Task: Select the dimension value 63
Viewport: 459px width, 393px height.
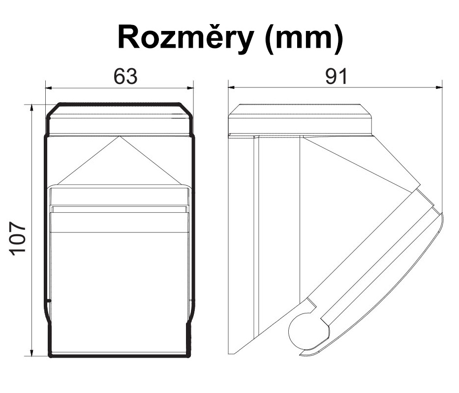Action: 125,76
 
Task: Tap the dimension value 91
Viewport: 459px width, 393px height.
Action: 336,76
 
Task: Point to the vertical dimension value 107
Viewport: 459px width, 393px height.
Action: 18,239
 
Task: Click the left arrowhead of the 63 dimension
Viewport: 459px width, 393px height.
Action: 49,87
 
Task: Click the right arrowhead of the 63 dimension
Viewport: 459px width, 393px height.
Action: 190,87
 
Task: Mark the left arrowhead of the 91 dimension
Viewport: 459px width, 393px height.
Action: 232,87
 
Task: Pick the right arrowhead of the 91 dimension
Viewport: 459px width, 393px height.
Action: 439,87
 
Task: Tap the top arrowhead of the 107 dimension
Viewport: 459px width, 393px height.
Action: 32,108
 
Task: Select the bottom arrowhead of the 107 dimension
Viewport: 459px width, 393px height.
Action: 32,353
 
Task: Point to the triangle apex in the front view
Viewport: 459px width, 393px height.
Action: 119,136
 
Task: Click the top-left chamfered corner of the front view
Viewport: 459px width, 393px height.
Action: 53,110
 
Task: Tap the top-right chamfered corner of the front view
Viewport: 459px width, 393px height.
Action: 185,110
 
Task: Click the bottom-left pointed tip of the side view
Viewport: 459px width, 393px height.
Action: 231,354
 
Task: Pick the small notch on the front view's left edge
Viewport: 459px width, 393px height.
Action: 50,300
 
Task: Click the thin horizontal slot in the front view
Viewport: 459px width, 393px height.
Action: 119,209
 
